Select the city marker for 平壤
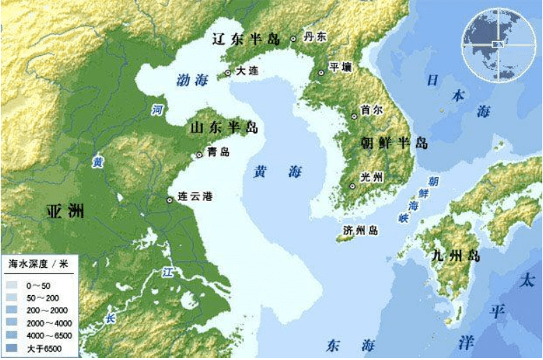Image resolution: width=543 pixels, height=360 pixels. tap(321, 73)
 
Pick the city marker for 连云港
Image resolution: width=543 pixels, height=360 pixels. tap(169, 200)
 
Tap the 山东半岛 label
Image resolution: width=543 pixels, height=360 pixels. tap(224, 128)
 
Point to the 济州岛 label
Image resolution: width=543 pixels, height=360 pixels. tap(361, 230)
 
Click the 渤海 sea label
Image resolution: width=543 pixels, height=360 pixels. tap(190, 80)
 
